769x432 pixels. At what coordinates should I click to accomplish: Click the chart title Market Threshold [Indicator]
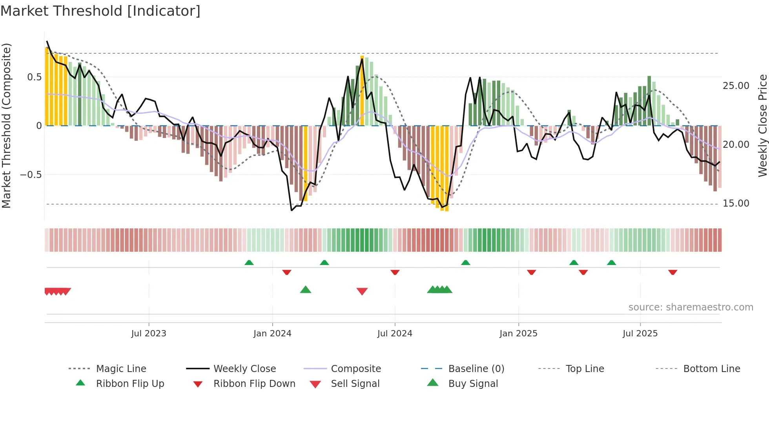point(100,11)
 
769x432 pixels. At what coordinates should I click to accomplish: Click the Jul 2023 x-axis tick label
point(149,334)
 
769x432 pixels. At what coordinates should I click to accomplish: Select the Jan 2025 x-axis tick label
point(518,334)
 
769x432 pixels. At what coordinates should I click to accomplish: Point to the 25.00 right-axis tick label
point(736,86)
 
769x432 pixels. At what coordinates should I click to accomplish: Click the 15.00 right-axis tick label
point(736,203)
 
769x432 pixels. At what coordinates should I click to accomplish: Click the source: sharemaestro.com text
point(691,307)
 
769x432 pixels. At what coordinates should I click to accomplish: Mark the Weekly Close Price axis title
point(762,125)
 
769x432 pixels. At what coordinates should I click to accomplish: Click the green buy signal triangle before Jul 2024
point(305,290)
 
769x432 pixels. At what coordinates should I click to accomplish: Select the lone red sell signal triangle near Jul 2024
point(362,291)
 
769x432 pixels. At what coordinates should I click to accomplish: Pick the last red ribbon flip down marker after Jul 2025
point(672,272)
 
